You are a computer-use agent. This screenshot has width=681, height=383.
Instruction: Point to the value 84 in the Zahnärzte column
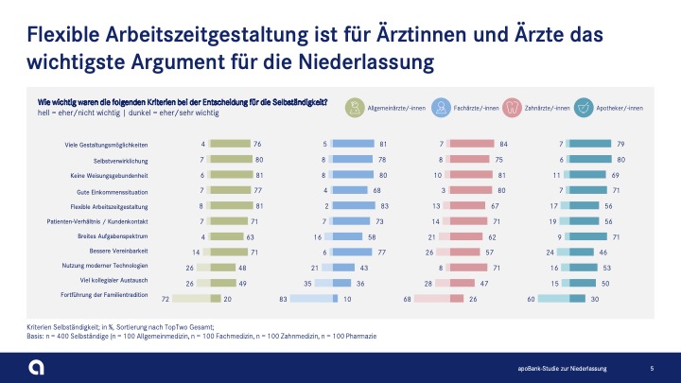504,144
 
